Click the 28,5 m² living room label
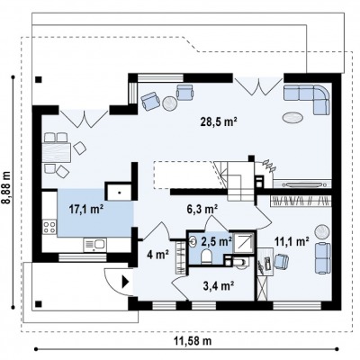219,121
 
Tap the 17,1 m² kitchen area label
86,209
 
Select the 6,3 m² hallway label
202,209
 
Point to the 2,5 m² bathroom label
216,240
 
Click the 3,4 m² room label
219,286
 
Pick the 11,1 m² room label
292,241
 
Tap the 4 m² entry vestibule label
157,255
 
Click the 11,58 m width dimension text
193,341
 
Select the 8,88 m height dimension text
6,187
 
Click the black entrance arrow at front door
125,282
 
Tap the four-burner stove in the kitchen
49,227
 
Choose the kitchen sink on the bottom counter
94,245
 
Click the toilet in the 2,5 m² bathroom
206,257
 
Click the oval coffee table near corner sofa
292,117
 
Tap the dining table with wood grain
57,152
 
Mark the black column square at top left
39,79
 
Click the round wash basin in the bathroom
192,240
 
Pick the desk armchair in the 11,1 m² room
282,261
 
